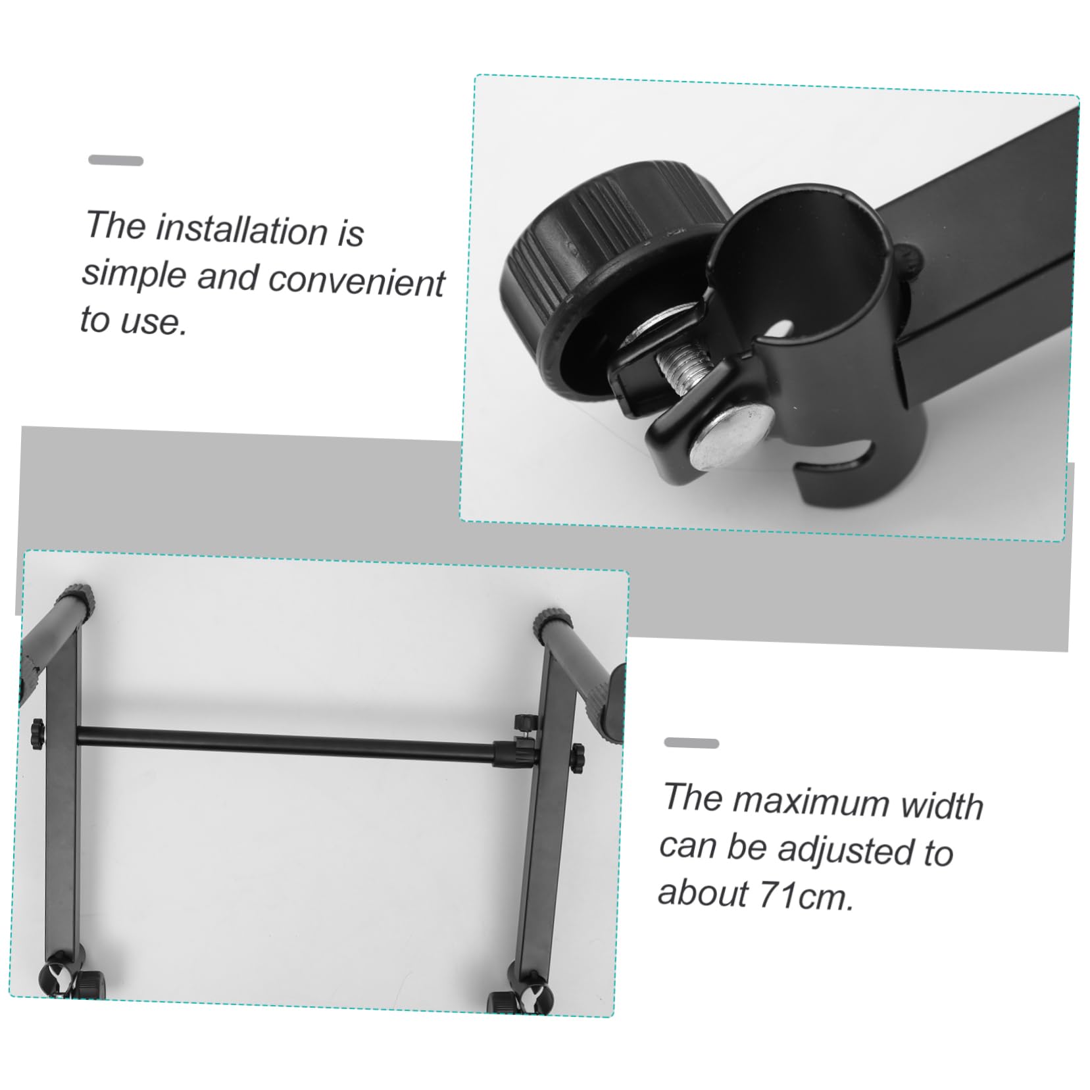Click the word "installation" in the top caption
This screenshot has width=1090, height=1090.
[x=241, y=230]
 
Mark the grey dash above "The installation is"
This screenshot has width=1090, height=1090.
[x=116, y=161]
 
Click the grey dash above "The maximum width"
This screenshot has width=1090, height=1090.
[x=691, y=743]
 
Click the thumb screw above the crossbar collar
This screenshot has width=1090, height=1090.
[x=524, y=722]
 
